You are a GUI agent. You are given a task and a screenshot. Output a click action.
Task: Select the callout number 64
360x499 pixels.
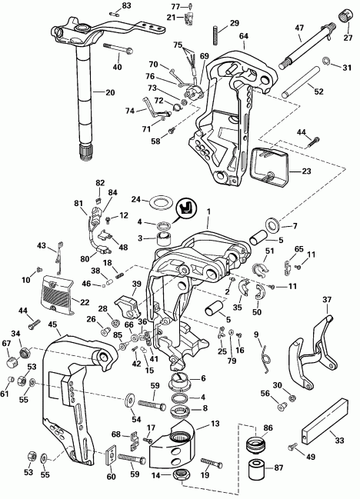pos(244,35)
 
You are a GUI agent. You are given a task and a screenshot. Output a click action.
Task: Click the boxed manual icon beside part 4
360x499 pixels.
pos(185,208)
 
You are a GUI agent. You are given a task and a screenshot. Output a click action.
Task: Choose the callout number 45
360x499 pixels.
pos(52,324)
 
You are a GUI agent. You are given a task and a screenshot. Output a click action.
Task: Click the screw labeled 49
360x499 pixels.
pos(295,446)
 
